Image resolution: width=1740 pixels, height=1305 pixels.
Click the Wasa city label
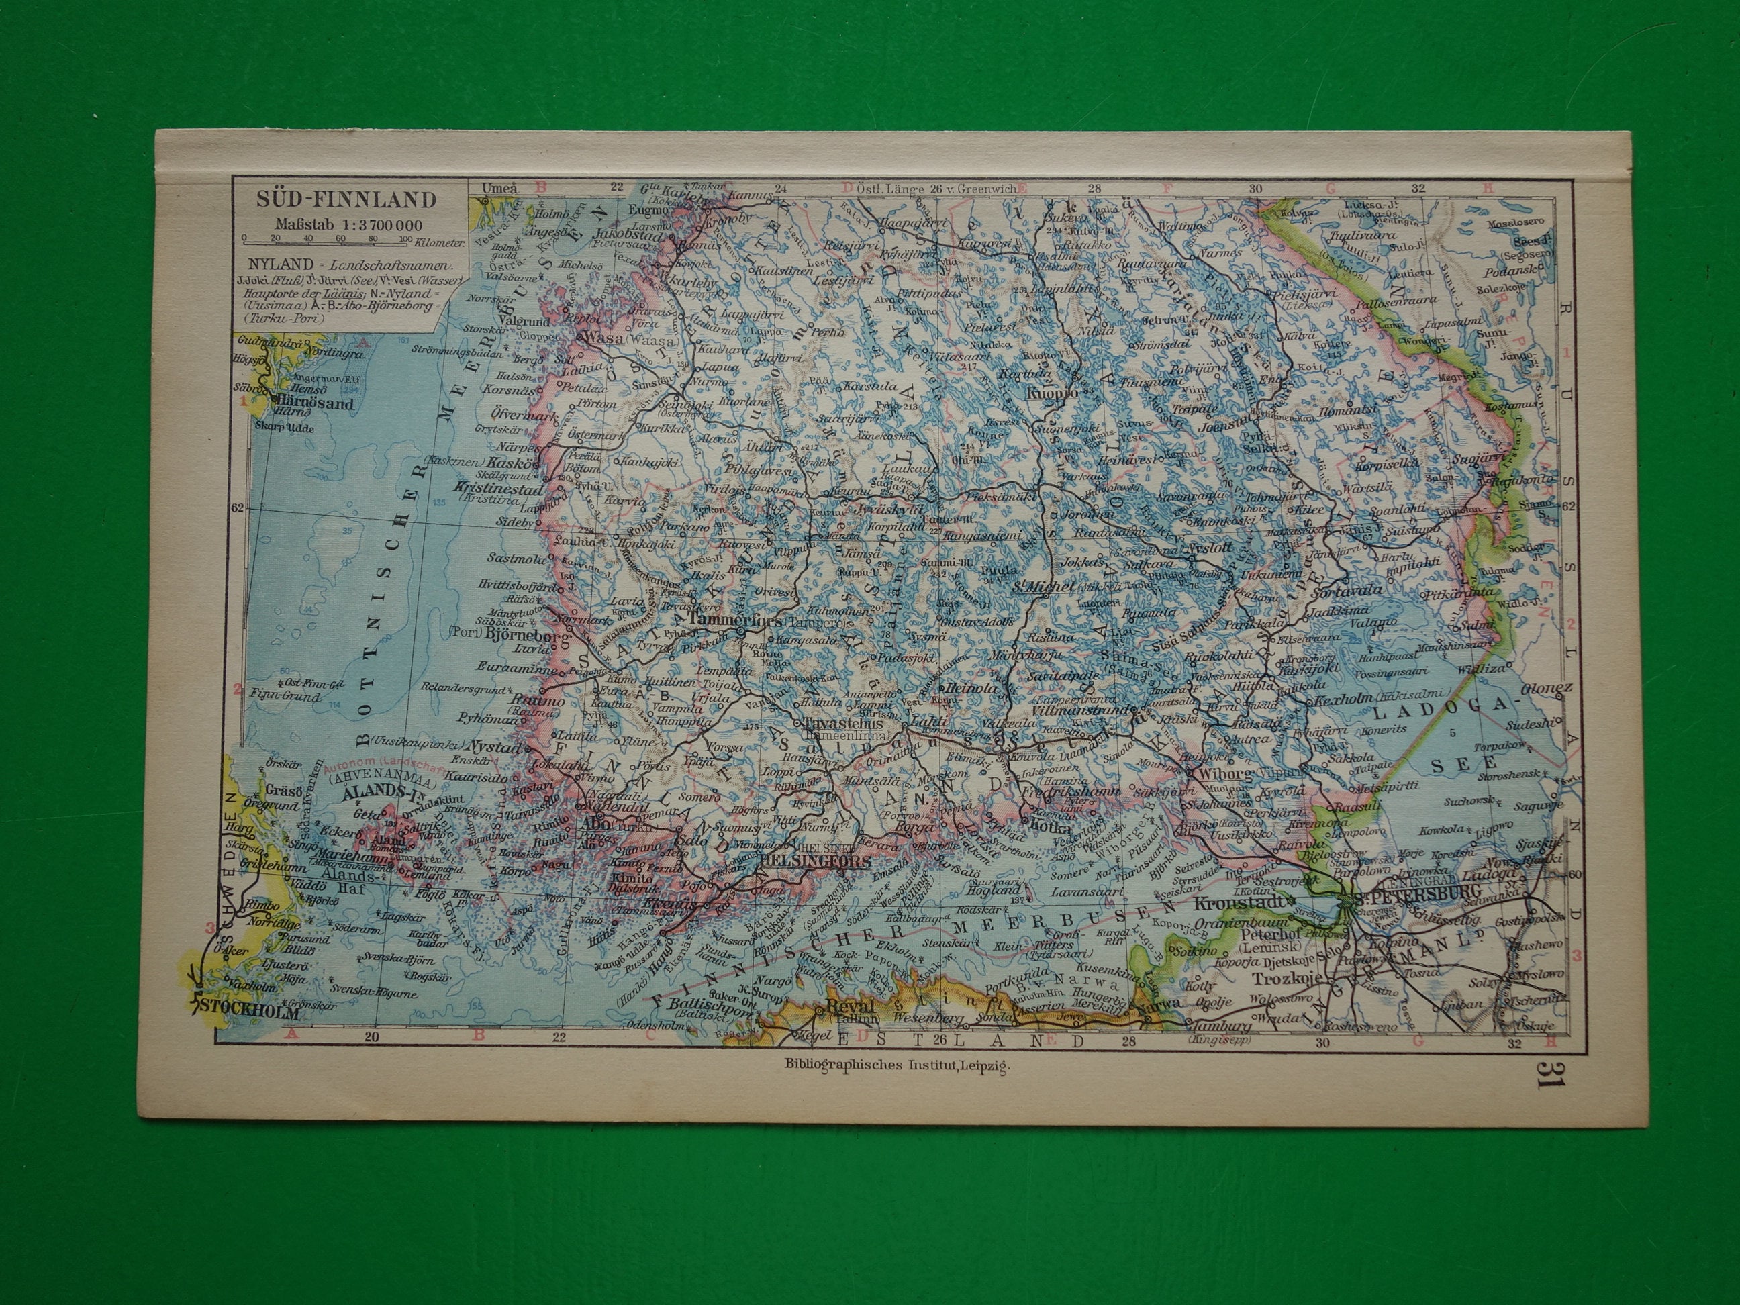tap(603, 339)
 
